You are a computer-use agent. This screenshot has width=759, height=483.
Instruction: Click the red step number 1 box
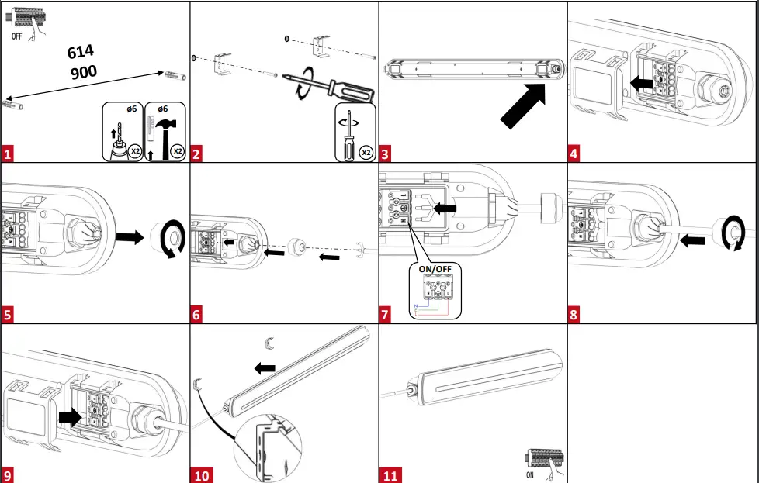point(9,154)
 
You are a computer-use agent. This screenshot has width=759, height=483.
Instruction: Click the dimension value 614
point(81,53)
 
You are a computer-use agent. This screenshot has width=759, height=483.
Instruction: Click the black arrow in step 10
point(265,364)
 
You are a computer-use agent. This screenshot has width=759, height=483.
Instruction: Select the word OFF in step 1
point(17,36)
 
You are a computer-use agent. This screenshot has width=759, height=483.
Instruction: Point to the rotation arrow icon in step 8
point(731,232)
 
